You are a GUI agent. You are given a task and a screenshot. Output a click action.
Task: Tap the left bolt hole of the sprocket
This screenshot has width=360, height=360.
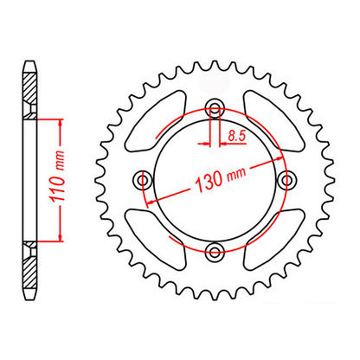[145, 180]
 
